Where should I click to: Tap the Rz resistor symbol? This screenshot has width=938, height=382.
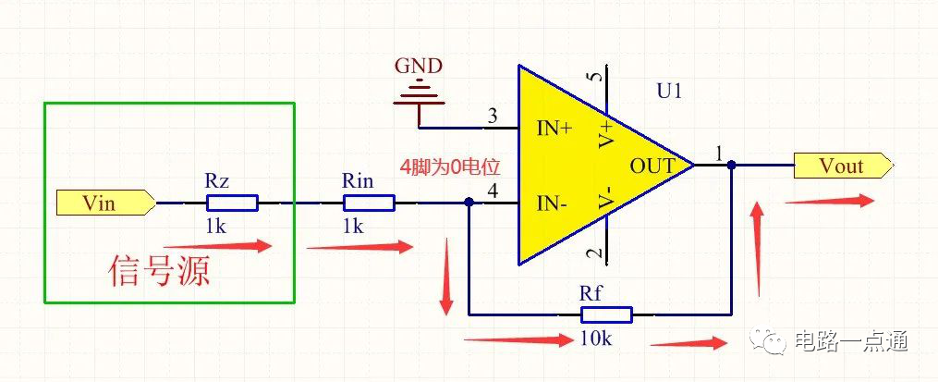coord(231,203)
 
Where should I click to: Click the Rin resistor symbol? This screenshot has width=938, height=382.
coord(369,203)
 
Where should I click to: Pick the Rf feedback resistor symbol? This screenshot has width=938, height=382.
coord(605,314)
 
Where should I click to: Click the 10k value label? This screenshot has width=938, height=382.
coord(596,338)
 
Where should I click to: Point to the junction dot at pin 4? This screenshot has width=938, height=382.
coord(469,203)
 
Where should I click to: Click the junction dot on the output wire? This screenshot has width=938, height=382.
coord(731,166)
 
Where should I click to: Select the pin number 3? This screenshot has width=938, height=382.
coord(492,117)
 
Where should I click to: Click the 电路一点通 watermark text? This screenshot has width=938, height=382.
coord(851,341)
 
